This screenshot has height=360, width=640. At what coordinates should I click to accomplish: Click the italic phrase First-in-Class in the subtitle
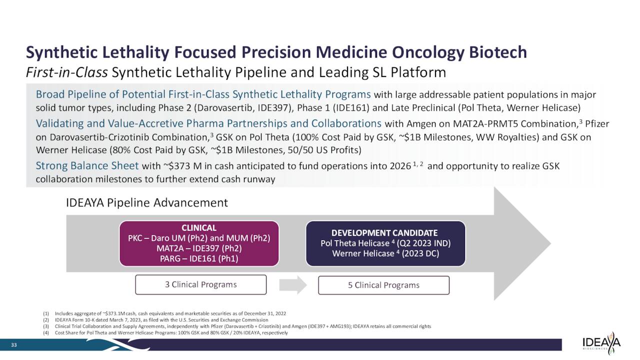point(66,73)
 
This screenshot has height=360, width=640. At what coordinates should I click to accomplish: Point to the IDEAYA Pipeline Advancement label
point(147,203)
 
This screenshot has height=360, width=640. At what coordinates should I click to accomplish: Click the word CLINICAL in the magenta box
point(199,228)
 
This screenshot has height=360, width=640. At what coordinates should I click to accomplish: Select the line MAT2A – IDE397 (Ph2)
point(199,248)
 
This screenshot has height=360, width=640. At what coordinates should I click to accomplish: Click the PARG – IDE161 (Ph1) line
point(199,258)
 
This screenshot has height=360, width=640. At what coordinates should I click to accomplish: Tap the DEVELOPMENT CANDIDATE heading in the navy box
point(385,233)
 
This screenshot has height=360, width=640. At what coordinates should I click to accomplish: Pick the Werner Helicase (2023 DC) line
point(385,253)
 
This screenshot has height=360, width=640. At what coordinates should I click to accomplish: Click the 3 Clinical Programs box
point(200,284)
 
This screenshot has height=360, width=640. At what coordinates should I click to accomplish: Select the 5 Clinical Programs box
point(383,285)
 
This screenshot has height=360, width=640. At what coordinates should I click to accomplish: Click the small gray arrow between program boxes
point(292,284)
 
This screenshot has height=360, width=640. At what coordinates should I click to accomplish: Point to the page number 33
point(14,344)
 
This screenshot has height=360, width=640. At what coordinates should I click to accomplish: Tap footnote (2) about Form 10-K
point(161,320)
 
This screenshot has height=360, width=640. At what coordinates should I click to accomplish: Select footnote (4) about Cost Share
point(171,332)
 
